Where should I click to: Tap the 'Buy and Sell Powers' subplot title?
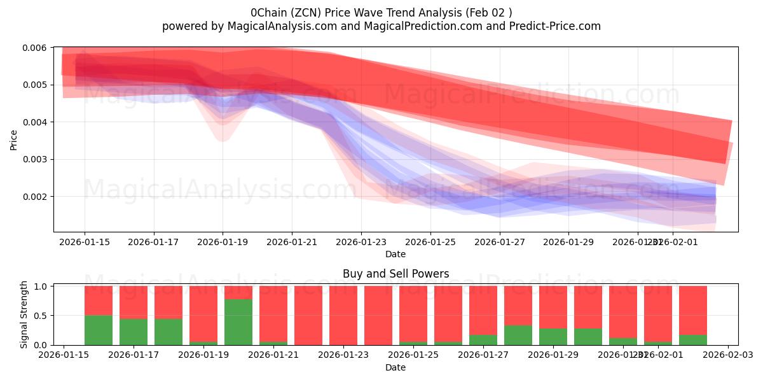point(395,274)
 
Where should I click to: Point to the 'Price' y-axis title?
point(14,139)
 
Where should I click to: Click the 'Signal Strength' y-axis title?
point(24,315)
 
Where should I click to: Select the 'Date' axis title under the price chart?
point(395,254)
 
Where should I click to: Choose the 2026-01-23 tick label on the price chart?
point(361,242)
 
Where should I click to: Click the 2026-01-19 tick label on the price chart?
point(223,242)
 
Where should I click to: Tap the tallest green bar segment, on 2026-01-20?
point(238,322)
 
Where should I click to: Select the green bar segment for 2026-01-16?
point(99,330)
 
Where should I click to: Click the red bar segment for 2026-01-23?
point(343,315)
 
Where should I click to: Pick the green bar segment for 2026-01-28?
point(518,336)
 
